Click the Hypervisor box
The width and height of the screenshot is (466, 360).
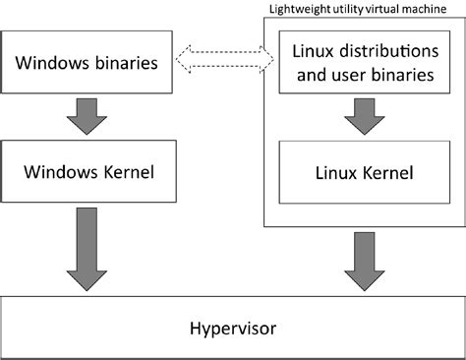coord(232,326)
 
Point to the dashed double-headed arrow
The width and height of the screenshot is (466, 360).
coord(224,61)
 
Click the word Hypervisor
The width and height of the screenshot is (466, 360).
coord(232,326)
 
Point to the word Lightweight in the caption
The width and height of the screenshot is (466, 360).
coord(297,8)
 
